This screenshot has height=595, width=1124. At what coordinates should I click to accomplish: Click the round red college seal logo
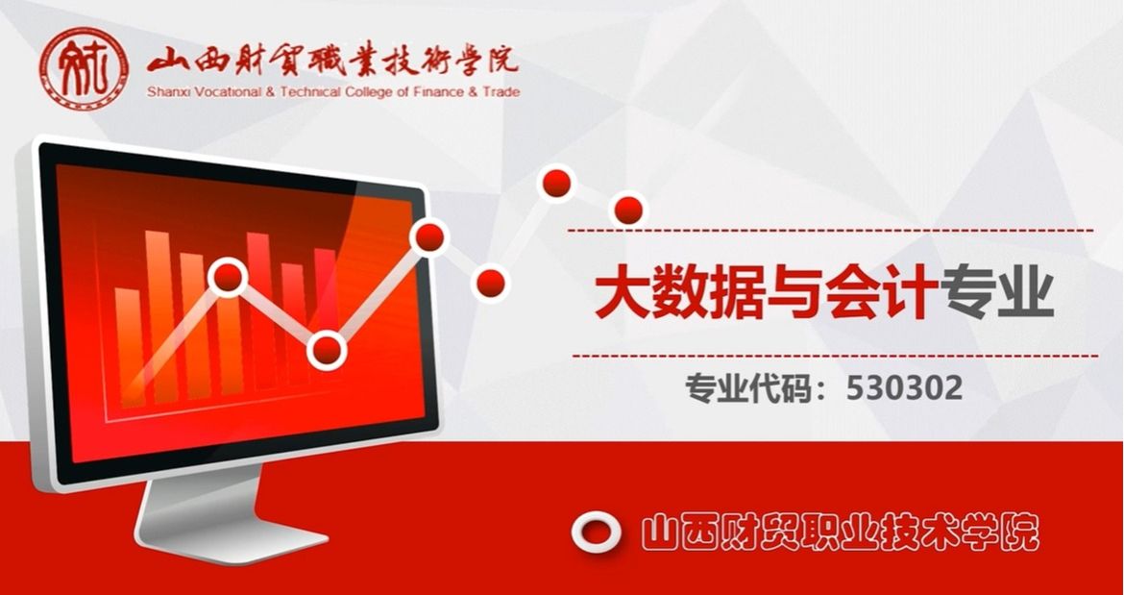point(85,69)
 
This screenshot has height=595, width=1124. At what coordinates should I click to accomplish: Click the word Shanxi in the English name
point(164,91)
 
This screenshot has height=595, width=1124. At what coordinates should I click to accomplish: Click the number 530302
point(904,388)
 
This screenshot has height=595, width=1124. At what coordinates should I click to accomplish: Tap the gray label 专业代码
point(749,388)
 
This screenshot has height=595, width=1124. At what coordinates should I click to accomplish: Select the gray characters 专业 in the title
point(997,293)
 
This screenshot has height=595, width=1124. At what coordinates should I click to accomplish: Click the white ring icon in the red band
point(597,532)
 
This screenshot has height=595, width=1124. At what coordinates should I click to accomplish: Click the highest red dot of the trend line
point(557,184)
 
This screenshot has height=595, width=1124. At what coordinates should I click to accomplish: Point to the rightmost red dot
point(628,211)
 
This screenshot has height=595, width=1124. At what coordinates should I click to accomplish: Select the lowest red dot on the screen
point(327,351)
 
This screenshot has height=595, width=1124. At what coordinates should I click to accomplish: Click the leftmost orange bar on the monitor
point(129,345)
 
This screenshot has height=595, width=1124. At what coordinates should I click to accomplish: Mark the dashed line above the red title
point(831,231)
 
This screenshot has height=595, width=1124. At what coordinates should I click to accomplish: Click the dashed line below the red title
point(835,356)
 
